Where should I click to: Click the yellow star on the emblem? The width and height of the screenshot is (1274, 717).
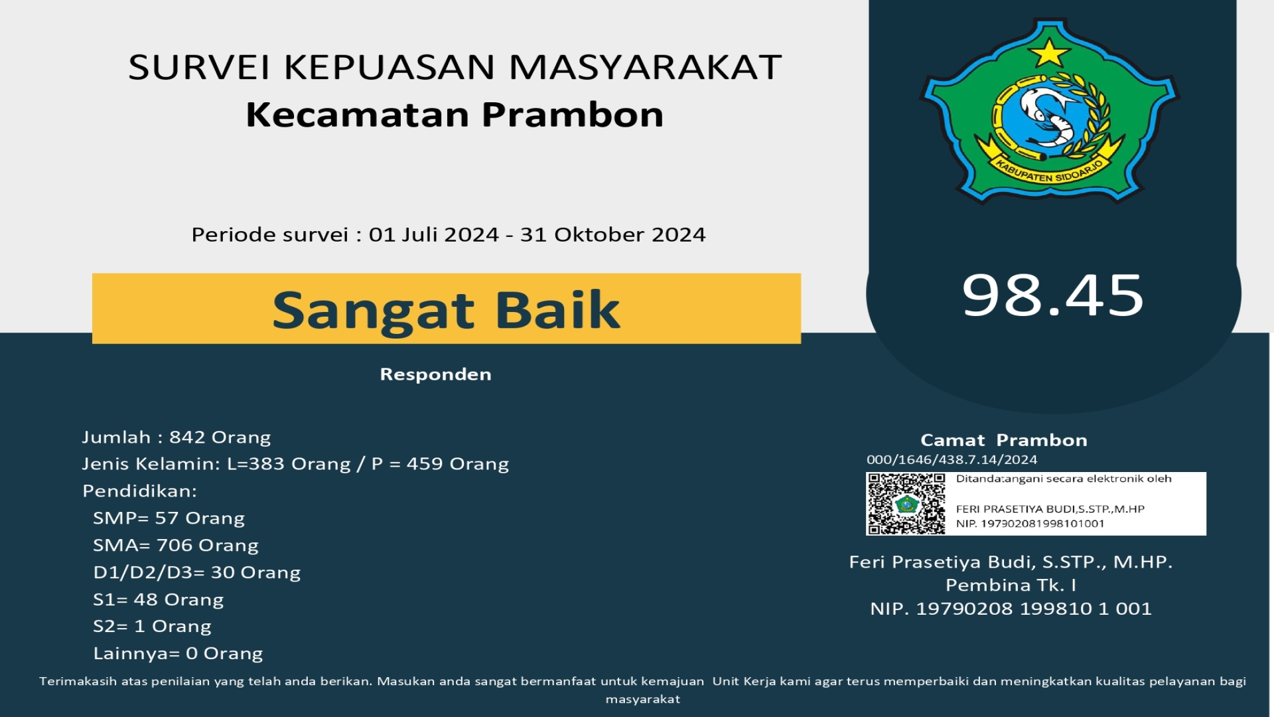(x=1049, y=52)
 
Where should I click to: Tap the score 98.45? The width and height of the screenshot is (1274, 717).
(x=1053, y=295)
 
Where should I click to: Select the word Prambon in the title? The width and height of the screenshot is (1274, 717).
(x=573, y=115)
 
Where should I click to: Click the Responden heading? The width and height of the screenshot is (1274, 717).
(x=435, y=374)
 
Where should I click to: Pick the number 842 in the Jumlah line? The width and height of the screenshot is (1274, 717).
(x=187, y=438)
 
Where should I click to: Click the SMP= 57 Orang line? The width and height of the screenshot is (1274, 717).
(x=169, y=518)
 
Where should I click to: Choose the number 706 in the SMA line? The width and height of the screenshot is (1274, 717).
(x=175, y=546)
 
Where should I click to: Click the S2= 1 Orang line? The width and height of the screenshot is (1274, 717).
(x=152, y=627)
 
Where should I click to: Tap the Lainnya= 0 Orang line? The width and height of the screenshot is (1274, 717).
(x=178, y=654)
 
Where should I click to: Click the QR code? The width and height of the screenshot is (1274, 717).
(x=906, y=504)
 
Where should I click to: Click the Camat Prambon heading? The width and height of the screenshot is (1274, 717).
(x=1004, y=440)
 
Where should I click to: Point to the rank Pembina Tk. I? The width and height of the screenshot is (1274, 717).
(x=1011, y=586)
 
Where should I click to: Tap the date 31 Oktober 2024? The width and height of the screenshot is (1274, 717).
(x=612, y=235)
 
